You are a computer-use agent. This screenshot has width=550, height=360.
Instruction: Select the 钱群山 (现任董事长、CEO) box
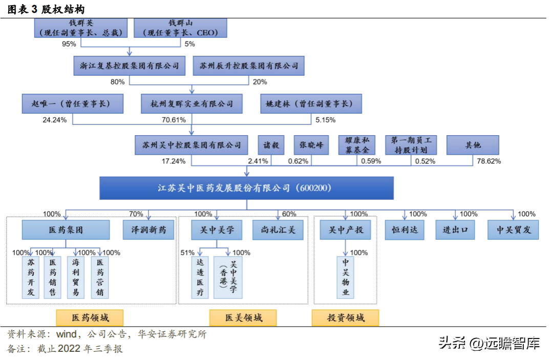180,28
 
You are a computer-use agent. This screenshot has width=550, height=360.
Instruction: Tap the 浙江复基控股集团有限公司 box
129,66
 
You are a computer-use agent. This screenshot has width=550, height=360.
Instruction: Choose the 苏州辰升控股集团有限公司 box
249,66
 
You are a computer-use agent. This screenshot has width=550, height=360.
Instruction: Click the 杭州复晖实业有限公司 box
192,103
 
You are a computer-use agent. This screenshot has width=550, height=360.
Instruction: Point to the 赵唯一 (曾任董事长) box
73,103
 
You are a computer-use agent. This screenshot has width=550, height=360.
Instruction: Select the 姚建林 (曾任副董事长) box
310,103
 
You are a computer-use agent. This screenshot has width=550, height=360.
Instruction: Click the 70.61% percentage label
174,120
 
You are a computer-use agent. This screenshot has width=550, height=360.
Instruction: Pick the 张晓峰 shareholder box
311,145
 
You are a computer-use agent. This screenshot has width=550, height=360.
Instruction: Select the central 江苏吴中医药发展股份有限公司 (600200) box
246,188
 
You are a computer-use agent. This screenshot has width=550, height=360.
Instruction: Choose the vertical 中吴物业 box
346,277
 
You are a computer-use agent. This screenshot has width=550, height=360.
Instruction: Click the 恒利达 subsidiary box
405,230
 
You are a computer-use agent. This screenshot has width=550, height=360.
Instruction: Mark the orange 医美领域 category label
243,317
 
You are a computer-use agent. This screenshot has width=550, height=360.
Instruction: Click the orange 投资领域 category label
345,317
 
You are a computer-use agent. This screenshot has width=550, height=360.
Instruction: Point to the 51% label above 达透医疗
187,252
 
